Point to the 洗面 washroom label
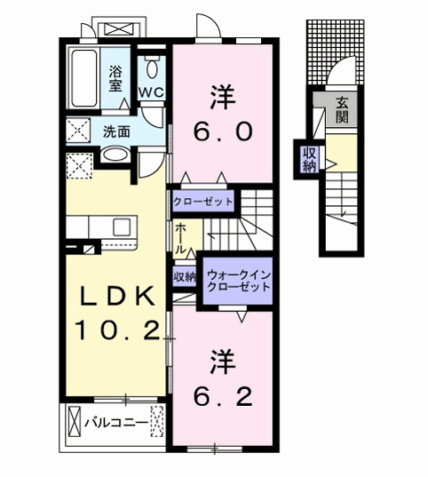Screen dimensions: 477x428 coord(116,131)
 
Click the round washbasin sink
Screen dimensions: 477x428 coord(115,155)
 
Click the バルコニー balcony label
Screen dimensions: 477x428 coord(115,421)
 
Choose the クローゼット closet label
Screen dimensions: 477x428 coord(203,202)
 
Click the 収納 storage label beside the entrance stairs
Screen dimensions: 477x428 coord(307,159)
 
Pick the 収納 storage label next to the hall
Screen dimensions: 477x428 coord(185,277)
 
